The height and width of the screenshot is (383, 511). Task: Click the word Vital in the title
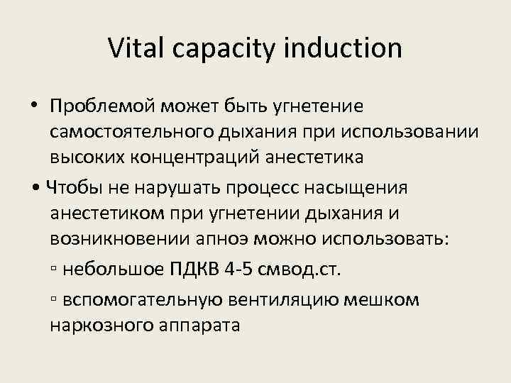click(x=133, y=48)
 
